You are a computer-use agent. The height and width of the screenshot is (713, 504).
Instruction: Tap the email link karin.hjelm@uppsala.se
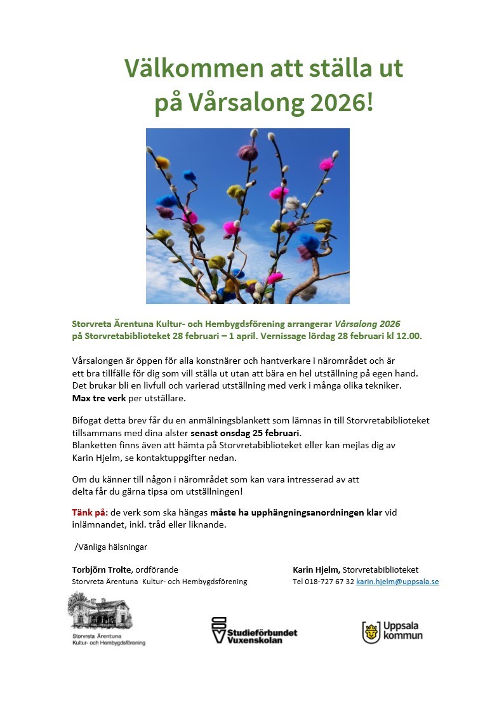[x=397, y=582]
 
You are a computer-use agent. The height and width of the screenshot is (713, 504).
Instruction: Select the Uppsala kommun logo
[x=392, y=631]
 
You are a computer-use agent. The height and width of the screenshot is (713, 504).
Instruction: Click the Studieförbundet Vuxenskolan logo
[x=254, y=630]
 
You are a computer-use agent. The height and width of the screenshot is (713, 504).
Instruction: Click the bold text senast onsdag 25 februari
[x=245, y=432]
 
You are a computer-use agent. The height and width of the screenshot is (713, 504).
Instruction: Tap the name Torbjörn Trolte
[x=102, y=570]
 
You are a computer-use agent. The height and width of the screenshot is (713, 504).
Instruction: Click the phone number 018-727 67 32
[x=329, y=582]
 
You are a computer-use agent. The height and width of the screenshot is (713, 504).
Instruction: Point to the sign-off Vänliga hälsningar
[x=111, y=547]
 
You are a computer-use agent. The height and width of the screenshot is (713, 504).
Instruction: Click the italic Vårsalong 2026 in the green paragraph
[x=368, y=323]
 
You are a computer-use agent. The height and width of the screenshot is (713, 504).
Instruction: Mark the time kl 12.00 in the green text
[x=406, y=335]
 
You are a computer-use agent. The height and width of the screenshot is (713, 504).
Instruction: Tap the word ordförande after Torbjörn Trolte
[x=157, y=570]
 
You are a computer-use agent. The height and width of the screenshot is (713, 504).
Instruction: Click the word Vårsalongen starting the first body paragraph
[x=98, y=361]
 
